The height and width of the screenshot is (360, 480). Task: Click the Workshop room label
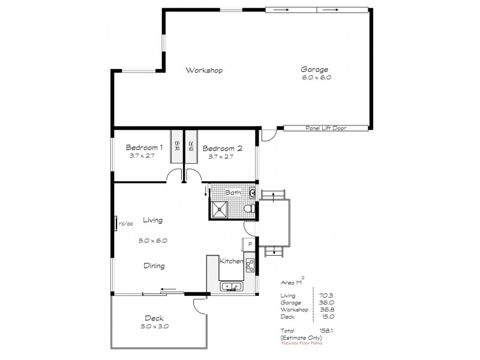[204, 70]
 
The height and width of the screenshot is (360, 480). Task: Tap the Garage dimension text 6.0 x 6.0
[317, 77]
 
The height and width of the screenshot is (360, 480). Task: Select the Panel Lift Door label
[326, 128]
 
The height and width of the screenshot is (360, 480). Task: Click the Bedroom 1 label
[143, 148]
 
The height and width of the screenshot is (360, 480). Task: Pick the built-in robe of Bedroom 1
[177, 146]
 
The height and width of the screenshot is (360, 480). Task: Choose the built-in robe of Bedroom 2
[191, 146]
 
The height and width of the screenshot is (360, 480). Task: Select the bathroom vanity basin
[253, 193]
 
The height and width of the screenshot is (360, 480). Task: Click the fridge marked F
[249, 245]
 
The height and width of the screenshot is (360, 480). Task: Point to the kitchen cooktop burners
[250, 266]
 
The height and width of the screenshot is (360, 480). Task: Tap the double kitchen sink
[230, 286]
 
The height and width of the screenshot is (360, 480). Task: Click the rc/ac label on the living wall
[126, 224]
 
